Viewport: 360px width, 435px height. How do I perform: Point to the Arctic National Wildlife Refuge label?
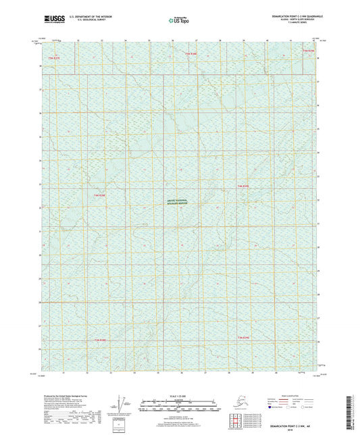[x=178, y=201]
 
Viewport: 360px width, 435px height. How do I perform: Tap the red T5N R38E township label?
[x=193, y=52]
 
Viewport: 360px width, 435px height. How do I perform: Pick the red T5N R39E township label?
[x=308, y=51]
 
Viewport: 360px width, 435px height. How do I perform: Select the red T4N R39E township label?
[x=243, y=186]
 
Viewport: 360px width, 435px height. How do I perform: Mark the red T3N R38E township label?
[x=101, y=340]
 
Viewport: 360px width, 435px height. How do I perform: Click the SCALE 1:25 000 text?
[x=180, y=395]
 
